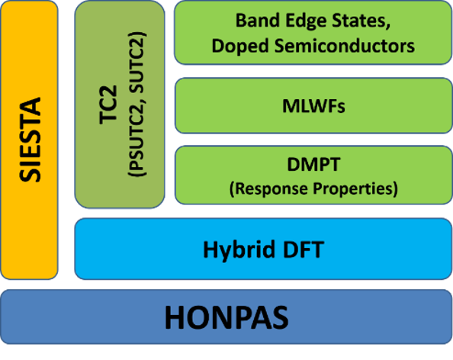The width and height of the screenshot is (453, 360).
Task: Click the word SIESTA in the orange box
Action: [30, 140]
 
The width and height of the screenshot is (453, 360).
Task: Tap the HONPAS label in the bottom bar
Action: [226, 317]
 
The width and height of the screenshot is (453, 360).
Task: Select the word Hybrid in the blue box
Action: [239, 250]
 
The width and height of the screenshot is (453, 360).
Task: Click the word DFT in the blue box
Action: [304, 249]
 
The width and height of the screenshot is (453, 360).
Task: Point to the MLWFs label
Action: [313, 106]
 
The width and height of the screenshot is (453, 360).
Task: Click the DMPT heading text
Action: [313, 164]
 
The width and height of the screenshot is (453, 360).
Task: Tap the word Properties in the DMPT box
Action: [353, 188]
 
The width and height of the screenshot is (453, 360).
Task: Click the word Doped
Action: [239, 46]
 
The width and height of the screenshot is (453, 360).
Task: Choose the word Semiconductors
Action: [345, 45]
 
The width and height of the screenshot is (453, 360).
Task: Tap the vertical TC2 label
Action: [108, 104]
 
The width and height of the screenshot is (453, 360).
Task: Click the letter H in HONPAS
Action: [175, 317]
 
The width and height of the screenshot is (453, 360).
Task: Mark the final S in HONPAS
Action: [279, 317]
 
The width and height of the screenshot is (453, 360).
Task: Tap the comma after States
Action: [388, 26]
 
